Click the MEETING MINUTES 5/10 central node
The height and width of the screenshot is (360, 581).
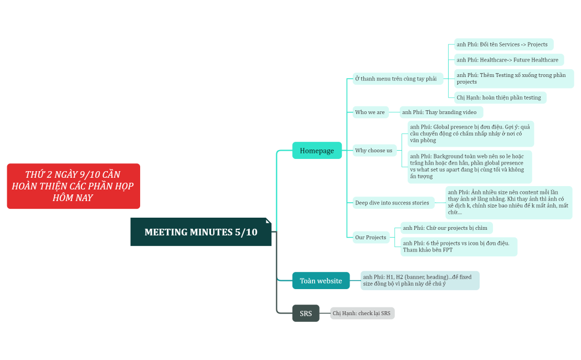(x=200, y=232)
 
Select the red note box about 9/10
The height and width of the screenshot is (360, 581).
(x=73, y=186)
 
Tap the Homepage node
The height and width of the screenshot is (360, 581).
(x=317, y=151)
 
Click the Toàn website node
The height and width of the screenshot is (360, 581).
(x=321, y=281)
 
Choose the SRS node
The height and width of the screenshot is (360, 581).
(x=306, y=313)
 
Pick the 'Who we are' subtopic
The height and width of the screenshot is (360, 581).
(x=370, y=112)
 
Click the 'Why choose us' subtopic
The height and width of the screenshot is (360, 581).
(x=374, y=151)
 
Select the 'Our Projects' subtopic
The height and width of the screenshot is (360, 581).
(x=371, y=238)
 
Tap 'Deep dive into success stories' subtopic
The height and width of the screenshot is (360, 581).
(x=392, y=203)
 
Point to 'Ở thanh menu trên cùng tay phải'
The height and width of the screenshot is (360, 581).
(x=396, y=79)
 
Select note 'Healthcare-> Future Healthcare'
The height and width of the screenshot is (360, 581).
(x=508, y=60)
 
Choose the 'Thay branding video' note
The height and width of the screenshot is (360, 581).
(x=441, y=112)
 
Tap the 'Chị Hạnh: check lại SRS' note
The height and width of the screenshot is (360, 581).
(x=362, y=313)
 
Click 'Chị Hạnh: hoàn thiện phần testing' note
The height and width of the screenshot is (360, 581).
(x=500, y=97)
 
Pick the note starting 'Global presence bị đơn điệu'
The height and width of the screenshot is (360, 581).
(x=470, y=133)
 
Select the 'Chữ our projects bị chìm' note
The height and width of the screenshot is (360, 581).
(x=446, y=228)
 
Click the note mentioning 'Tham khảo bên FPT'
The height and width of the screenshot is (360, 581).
(x=458, y=246)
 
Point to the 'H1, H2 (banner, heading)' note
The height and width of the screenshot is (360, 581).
(x=419, y=280)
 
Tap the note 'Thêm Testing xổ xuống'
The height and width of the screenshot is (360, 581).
(x=513, y=79)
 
